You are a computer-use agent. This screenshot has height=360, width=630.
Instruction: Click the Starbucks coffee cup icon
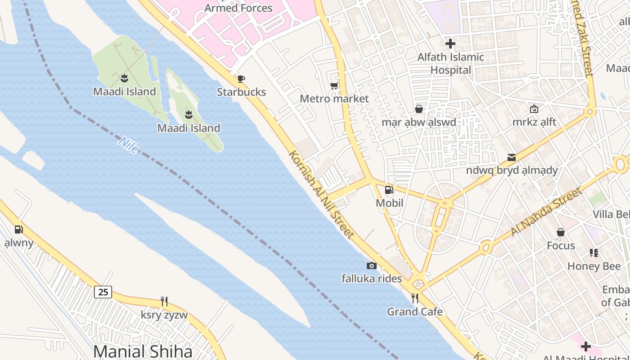point(241,79)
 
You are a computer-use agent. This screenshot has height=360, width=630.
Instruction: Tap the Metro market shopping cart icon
point(334,86)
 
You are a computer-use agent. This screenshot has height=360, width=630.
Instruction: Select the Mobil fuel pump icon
point(389,190)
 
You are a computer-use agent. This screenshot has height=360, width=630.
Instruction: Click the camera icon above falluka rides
point(371,265)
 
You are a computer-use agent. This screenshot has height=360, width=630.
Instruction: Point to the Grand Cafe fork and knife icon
point(415,298)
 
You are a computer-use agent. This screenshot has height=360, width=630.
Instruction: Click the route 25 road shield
point(103,292)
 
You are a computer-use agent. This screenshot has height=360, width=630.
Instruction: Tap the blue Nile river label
point(129,145)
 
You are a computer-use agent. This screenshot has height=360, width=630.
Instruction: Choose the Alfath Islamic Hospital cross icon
point(450,44)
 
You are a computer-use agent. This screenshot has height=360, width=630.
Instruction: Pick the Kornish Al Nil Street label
point(321,194)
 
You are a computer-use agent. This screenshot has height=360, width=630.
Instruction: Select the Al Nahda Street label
point(546,212)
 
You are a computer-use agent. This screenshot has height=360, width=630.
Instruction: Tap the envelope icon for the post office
point(512,157)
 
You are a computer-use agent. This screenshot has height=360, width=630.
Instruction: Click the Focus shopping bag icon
point(561,232)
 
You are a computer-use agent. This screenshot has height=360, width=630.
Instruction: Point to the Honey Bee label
point(594,266)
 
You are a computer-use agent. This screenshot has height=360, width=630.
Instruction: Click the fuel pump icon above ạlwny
point(18,229)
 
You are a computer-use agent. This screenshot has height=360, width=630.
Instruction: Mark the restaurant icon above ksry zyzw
point(164,301)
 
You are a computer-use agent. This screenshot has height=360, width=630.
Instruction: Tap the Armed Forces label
point(238,8)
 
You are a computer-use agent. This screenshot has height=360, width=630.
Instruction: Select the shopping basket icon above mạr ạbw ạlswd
point(419,109)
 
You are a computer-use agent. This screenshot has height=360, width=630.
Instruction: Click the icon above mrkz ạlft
point(534,109)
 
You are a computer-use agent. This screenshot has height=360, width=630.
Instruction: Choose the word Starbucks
point(241,92)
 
